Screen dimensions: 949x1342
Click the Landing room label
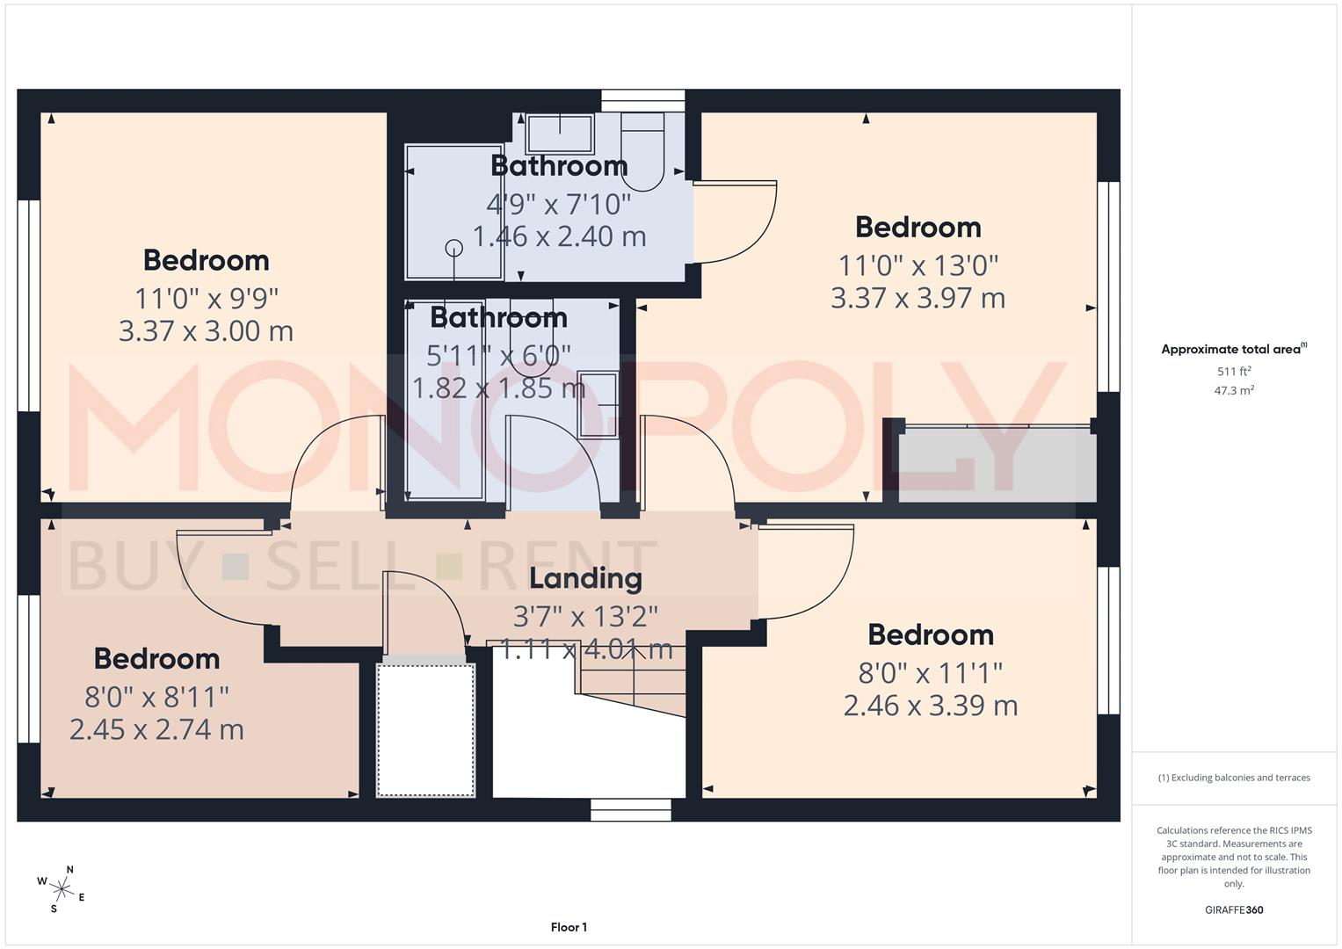tap(585, 578)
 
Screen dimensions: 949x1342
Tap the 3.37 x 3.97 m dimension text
tap(918, 298)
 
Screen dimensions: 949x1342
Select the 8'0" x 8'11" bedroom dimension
tap(156, 697)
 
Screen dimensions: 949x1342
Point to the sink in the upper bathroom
tap(559, 133)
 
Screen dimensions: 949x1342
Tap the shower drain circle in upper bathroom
tap(454, 248)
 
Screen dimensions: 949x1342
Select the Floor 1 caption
tap(569, 927)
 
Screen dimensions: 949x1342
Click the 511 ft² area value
tap(1234, 371)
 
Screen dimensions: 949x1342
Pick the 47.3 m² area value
tap(1234, 390)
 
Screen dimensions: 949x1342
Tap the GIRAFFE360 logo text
tap(1234, 909)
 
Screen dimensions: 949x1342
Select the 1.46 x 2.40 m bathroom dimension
tap(559, 236)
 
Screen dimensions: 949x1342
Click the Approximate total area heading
tap(1230, 349)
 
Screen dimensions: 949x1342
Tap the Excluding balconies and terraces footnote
tap(1234, 778)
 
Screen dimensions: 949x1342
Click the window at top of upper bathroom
tap(642, 100)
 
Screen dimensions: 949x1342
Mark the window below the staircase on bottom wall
tap(631, 809)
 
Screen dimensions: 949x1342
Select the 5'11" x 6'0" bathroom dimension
tap(498, 355)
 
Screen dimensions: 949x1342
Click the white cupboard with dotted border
tap(426, 729)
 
